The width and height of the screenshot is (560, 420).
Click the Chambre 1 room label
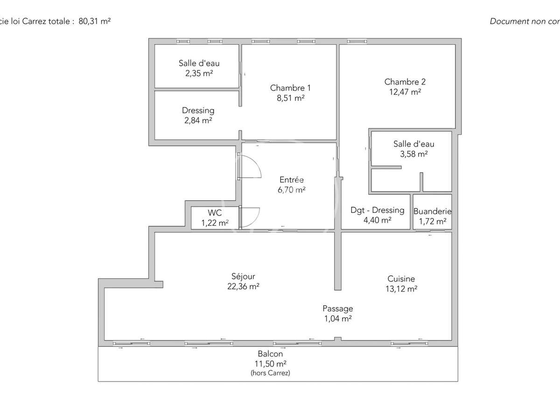pyautogui.click(x=290, y=88)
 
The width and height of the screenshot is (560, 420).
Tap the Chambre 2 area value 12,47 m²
pyautogui.click(x=405, y=92)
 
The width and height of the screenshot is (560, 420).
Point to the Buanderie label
pyautogui.click(x=432, y=211)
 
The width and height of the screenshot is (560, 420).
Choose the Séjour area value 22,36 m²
pyautogui.click(x=243, y=287)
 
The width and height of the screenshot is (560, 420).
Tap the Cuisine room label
pyautogui.click(x=401, y=279)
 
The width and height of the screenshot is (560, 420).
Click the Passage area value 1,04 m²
pyautogui.click(x=337, y=319)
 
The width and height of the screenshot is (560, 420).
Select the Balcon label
pyautogui.click(x=270, y=354)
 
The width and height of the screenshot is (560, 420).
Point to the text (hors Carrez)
pyautogui.click(x=270, y=373)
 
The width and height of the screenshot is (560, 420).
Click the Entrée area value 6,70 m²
pyautogui.click(x=292, y=190)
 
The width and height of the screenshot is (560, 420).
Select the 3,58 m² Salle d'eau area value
pyautogui.click(x=414, y=154)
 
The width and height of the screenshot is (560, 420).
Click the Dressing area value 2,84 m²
pyautogui.click(x=198, y=120)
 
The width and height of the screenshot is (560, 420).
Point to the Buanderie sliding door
pyautogui.click(x=430, y=231)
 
